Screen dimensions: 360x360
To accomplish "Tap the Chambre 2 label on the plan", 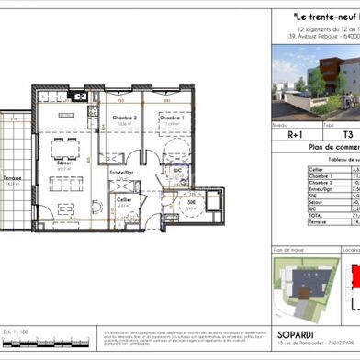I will (126, 118).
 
